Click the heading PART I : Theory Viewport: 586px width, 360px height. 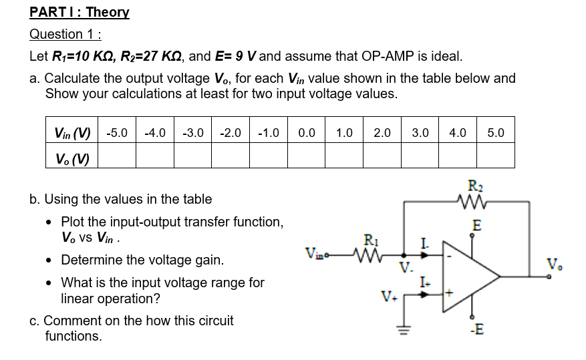80,12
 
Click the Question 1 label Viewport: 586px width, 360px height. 69,35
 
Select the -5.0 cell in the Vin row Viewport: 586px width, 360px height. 118,133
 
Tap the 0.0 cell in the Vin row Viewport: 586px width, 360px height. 307,133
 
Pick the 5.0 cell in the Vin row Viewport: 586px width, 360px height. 496,133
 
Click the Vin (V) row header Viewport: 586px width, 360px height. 72,133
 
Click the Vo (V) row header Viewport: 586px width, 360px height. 72,158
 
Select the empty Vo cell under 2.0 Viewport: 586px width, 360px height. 382,158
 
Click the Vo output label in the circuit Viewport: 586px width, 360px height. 555,260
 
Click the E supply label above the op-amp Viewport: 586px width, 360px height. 476,226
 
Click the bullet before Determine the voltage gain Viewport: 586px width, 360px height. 51,259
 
